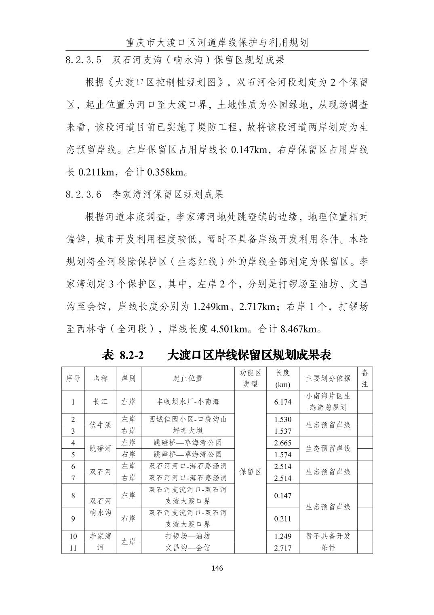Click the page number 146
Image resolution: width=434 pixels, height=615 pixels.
[217, 568]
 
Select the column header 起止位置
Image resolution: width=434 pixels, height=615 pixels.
[188, 378]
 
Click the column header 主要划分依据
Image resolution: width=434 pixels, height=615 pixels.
[328, 378]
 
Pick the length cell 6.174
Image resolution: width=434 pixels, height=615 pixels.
[282, 402]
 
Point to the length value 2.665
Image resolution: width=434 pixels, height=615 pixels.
[282, 443]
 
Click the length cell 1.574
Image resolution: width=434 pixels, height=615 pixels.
[282, 454]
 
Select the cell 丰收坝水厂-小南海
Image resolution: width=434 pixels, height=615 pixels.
[188, 402]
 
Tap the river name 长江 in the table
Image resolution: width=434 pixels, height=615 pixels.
[100, 402]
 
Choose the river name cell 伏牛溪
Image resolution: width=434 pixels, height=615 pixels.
[100, 425]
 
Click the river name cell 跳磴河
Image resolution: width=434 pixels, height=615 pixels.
[100, 448]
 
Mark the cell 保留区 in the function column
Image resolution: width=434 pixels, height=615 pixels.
[251, 472]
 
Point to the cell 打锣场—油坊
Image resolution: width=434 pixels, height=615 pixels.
[188, 536]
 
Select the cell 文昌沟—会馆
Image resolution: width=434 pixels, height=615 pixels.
[188, 548]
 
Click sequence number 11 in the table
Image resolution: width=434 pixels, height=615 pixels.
[73, 548]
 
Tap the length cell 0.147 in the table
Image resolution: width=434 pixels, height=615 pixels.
[282, 496]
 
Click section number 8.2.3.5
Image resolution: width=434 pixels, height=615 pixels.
[84, 60]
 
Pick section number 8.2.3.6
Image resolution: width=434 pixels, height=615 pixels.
[84, 195]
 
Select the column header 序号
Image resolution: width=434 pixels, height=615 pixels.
[73, 378]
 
